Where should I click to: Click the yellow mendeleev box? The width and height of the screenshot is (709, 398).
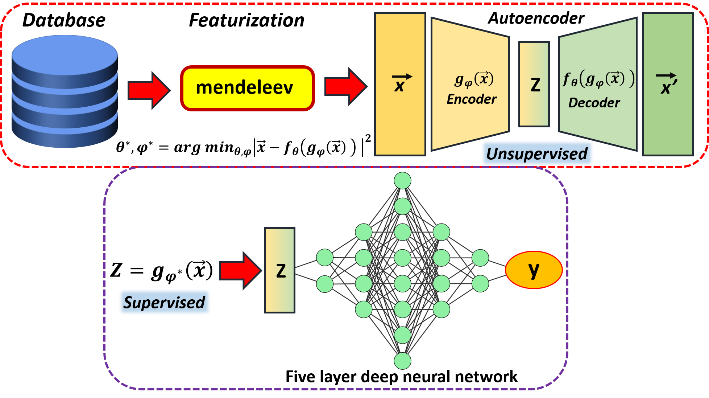tap(248, 88)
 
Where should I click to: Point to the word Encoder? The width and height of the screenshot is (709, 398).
tap(471, 99)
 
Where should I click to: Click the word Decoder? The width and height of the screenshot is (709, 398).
tap(594, 103)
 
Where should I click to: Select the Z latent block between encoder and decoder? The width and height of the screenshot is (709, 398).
tap(534, 84)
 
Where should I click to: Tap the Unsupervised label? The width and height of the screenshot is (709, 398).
tap(537, 153)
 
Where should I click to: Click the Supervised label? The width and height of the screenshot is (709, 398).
tap(164, 302)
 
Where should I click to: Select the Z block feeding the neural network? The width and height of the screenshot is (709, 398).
tap(280, 270)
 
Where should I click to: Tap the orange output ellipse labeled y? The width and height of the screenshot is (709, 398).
tap(534, 270)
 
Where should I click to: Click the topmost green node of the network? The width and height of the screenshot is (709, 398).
tap(402, 181)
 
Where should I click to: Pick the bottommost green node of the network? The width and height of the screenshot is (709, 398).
tap(402, 361)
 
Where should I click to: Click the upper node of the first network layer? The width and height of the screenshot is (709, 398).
tap(325, 258)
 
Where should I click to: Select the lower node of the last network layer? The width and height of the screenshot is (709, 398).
tap(480, 283)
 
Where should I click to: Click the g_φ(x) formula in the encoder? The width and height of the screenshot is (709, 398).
tap(474, 79)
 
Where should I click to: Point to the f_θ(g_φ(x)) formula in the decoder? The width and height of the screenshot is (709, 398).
tap(598, 79)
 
